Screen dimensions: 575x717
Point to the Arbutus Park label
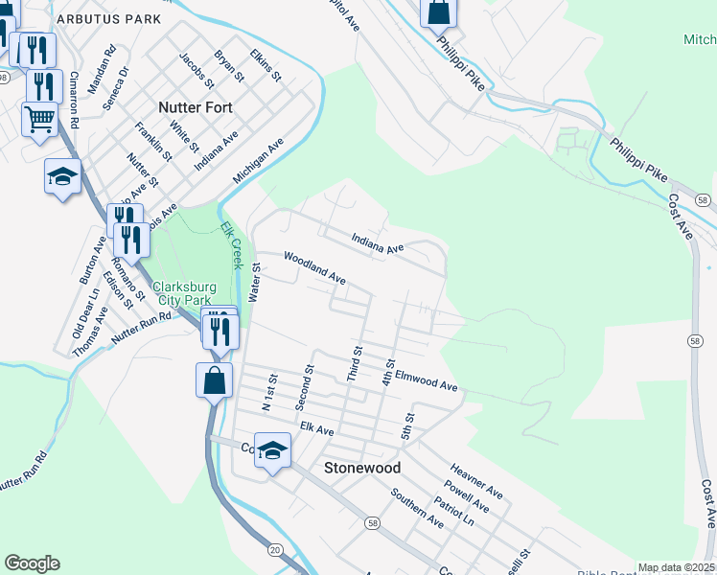tap(108, 18)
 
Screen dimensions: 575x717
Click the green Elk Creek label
tap(231, 245)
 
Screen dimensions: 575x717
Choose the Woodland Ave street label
tap(313, 268)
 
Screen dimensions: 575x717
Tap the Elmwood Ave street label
tap(427, 380)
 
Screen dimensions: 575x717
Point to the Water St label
tap(255, 284)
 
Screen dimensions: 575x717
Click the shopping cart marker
tap(39, 120)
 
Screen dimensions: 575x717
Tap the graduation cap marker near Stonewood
tap(272, 450)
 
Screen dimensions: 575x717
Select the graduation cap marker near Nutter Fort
tap(62, 176)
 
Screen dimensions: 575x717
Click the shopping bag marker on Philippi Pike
tap(438, 13)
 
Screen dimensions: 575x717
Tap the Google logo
tap(32, 563)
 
